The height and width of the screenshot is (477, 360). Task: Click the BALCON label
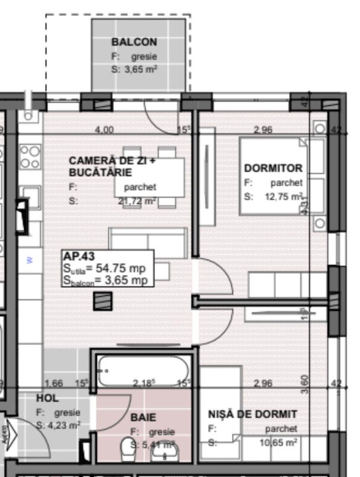click(x=134, y=42)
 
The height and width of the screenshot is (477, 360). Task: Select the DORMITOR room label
click(x=272, y=168)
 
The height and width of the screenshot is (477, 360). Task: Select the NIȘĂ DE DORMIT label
click(x=253, y=415)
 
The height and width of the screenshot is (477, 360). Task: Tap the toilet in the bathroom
click(x=128, y=453)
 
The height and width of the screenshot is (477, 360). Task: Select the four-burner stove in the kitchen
click(x=30, y=157)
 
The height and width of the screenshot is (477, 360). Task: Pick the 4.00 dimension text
click(x=104, y=130)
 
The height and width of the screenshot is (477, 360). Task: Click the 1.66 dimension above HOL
click(x=53, y=383)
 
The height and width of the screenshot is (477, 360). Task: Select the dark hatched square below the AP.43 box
click(x=100, y=301)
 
